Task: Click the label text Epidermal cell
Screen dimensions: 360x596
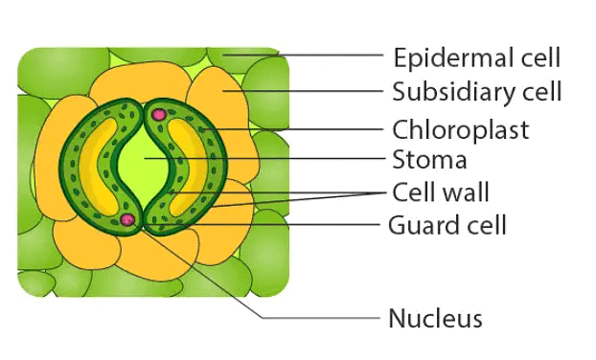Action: coord(476,57)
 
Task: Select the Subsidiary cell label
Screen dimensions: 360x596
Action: coord(476,92)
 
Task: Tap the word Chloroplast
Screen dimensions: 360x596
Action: coord(460,129)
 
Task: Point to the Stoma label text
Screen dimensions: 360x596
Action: coord(429,159)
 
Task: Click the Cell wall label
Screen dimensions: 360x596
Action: coord(441,191)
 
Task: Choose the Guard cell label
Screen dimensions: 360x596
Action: coord(447,226)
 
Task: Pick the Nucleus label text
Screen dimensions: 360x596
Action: coord(434,318)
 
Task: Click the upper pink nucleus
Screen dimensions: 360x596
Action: coord(159,116)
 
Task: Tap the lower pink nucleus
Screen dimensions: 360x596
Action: coord(127,221)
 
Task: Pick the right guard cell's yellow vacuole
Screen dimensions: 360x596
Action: coord(196,169)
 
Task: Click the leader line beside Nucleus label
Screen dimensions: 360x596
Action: coord(316,317)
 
